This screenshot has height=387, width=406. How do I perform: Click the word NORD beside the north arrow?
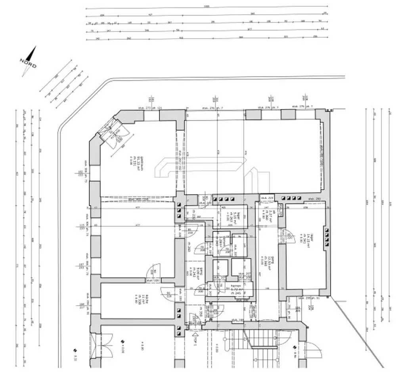pyautogui.click(x=28, y=64)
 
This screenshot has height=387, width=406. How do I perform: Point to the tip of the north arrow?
pyautogui.click(x=36, y=47)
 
